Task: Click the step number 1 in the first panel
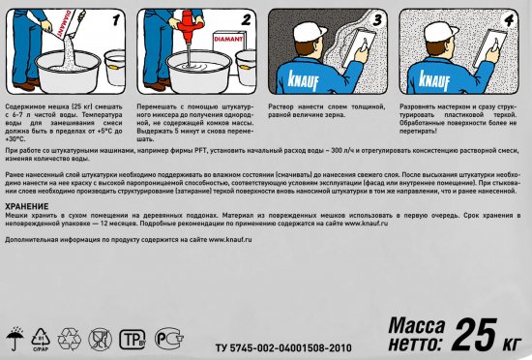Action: point(118,20)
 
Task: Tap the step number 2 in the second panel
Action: point(246,18)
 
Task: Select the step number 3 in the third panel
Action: point(378,20)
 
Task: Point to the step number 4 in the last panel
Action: point(509,20)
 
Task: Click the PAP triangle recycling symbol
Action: point(41,337)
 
